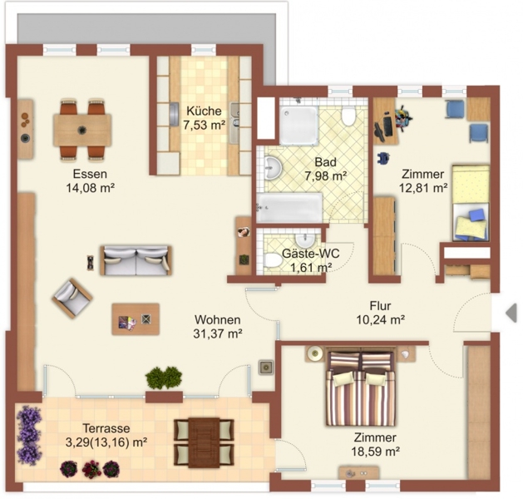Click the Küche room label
pos(204,111)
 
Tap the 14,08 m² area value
pos(91,188)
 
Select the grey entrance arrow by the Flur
pos(511,314)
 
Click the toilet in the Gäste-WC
pos(273,260)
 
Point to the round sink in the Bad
pos(273,168)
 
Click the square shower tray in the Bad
pos(299,126)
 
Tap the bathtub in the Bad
pos(289,207)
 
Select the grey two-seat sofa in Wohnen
pos(136,260)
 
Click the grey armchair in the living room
pos(72,298)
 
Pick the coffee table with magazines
pos(136,319)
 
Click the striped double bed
pos(361,388)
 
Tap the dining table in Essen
pos(82,130)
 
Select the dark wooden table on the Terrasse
pos(204,442)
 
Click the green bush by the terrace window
pos(164,378)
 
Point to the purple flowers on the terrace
pos(29,435)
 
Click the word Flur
pos(380,306)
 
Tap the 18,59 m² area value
pos(375,452)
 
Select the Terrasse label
pos(106,428)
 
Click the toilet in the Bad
pos(348,116)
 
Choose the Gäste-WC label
pos(310,254)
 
